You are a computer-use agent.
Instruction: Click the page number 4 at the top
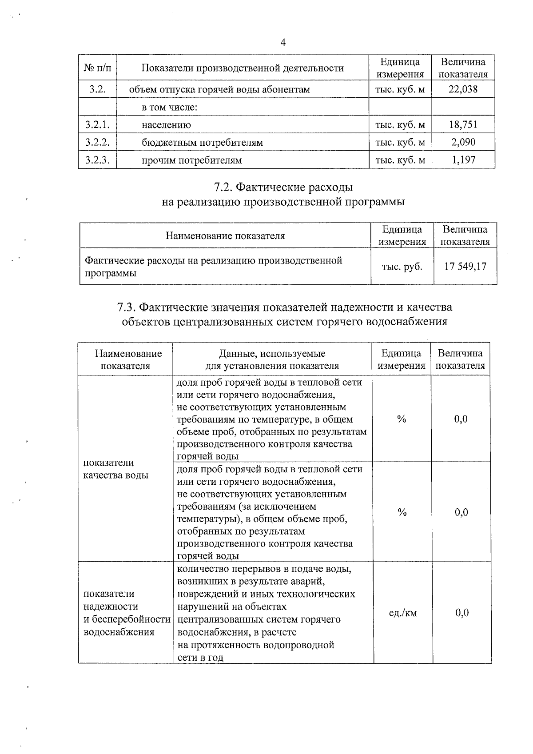pyautogui.click(x=283, y=43)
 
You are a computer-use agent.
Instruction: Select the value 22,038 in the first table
pyautogui.click(x=463, y=89)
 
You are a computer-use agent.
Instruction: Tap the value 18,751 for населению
pyautogui.click(x=463, y=125)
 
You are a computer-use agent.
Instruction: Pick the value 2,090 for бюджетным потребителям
pyautogui.click(x=463, y=142)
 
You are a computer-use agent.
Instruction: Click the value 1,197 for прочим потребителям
pyautogui.click(x=463, y=160)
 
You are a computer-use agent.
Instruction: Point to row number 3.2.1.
pyautogui.click(x=97, y=125)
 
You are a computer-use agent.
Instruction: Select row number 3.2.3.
pyautogui.click(x=97, y=160)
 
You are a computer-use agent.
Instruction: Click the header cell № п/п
pyautogui.click(x=97, y=68)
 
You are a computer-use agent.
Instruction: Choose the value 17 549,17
pyautogui.click(x=465, y=267)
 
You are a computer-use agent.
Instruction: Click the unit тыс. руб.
pyautogui.click(x=402, y=267)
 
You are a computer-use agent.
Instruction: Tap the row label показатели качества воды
pyautogui.click(x=115, y=469)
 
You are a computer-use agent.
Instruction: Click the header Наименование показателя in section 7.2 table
pyautogui.click(x=225, y=235)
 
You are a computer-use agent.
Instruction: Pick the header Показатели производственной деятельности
pyautogui.click(x=243, y=68)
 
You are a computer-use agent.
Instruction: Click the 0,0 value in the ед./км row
pyautogui.click(x=462, y=613)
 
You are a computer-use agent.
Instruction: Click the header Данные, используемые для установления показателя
pyautogui.click(x=272, y=359)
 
